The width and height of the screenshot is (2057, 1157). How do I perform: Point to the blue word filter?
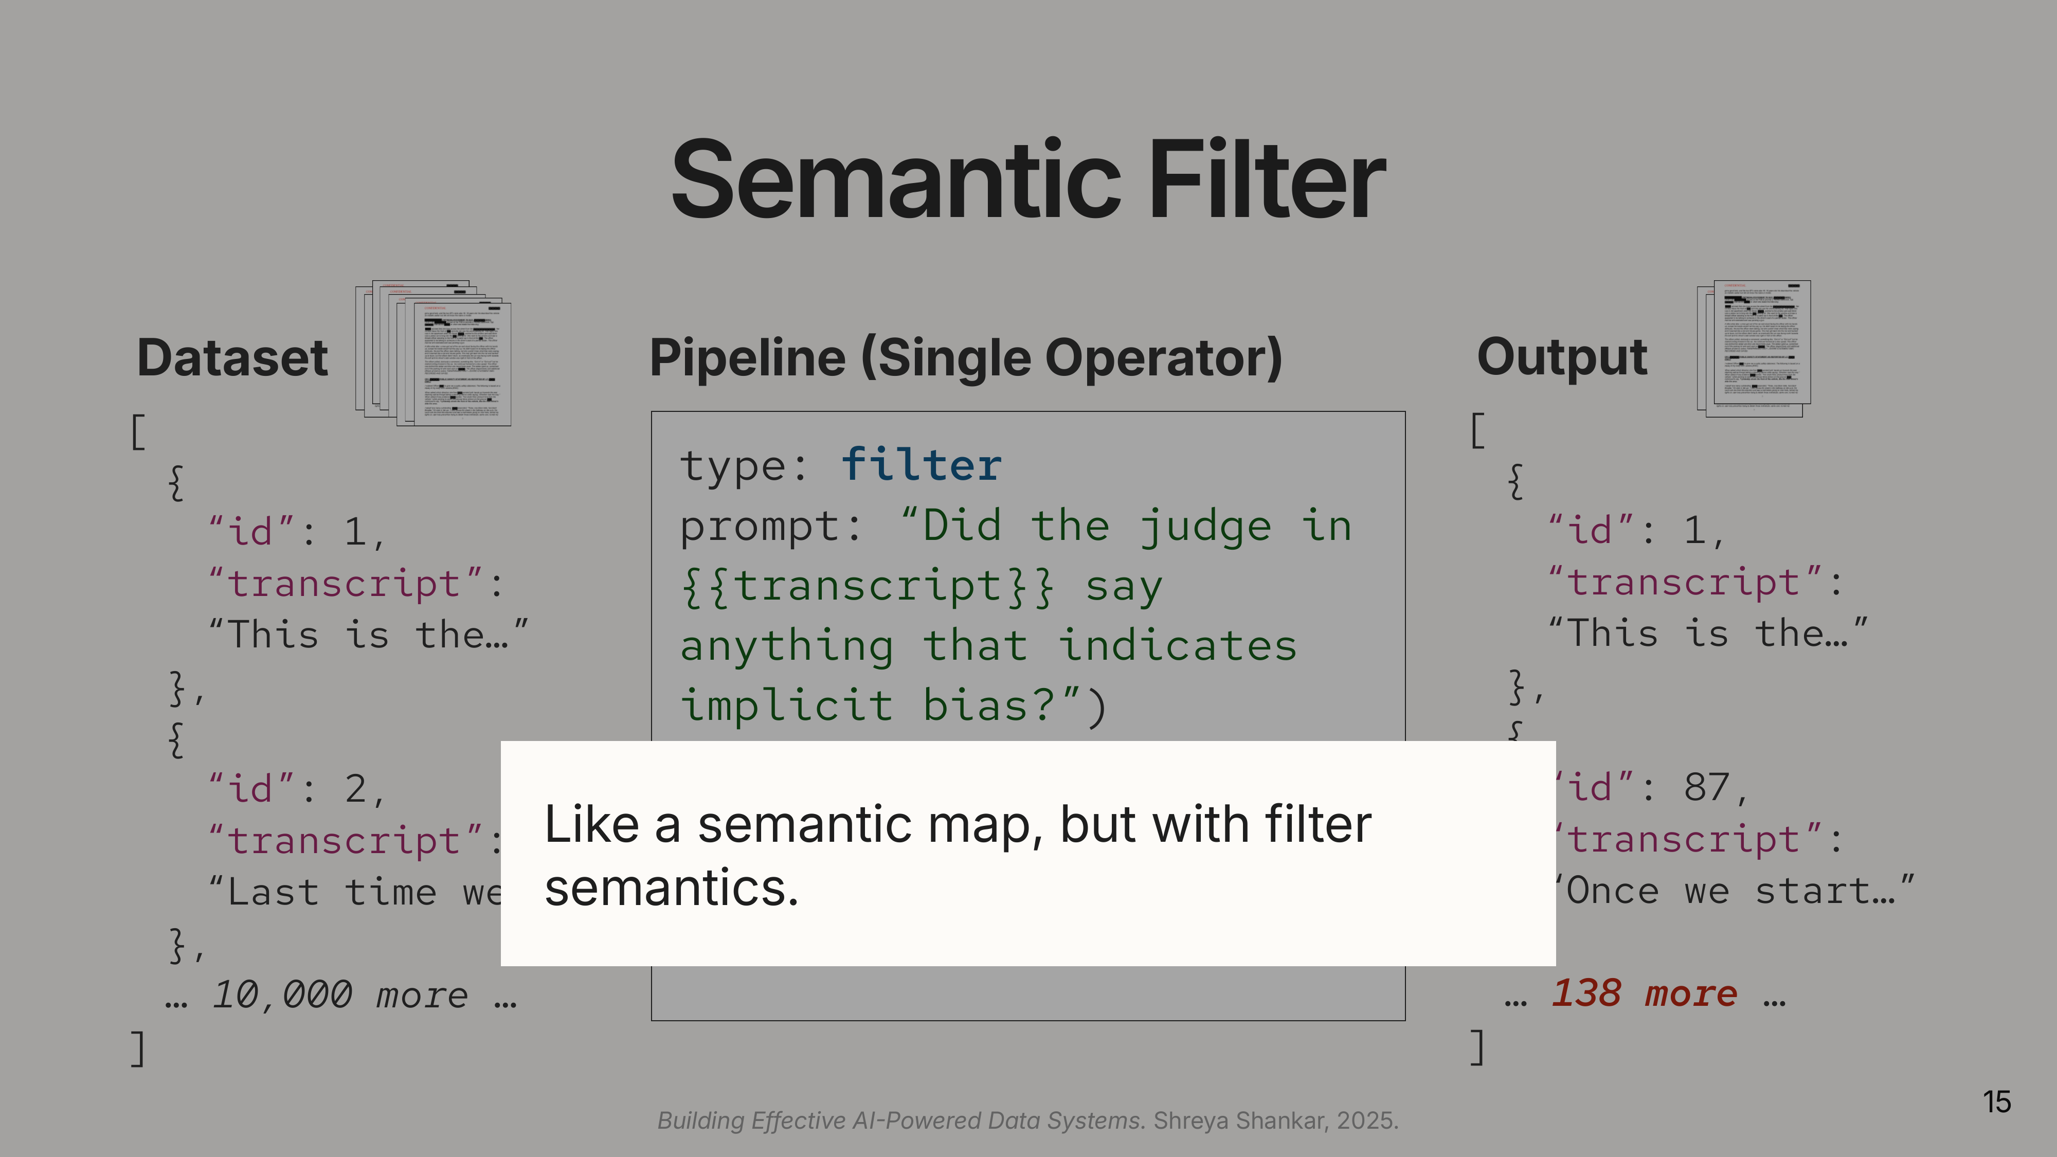coord(922,465)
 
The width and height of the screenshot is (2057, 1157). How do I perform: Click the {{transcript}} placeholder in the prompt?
coord(867,587)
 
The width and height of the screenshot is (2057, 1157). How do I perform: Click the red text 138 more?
coord(1644,993)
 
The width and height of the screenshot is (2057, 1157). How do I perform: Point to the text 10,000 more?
coord(339,995)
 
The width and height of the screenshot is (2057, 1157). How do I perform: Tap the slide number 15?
coord(1996,1102)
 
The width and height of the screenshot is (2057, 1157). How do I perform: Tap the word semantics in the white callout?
coord(671,888)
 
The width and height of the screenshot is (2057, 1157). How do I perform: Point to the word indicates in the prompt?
coord(1178,646)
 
